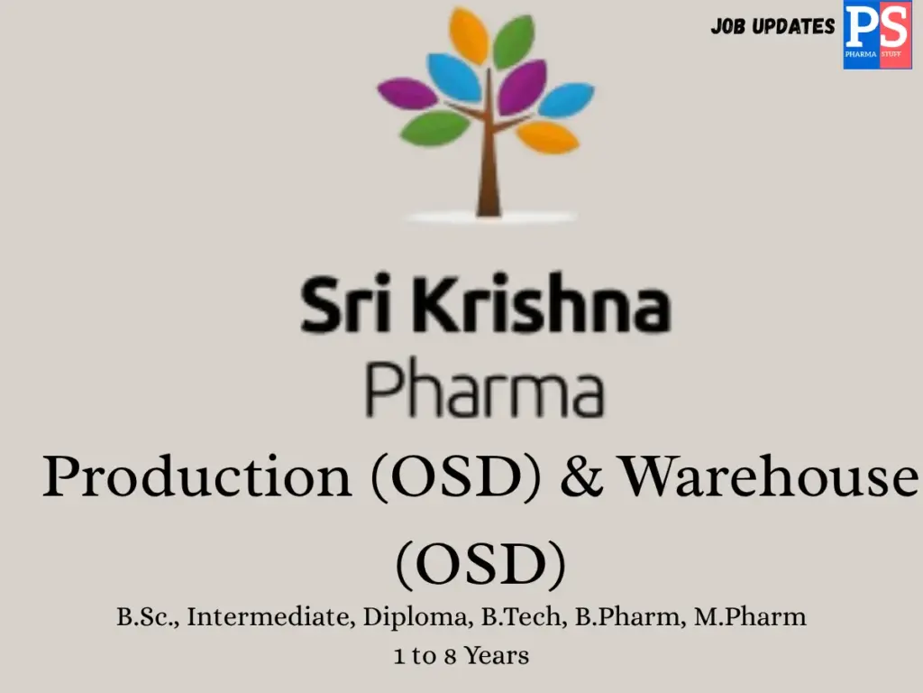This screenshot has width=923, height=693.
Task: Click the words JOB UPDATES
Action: [x=772, y=26]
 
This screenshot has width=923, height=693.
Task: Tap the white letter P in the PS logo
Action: [x=862, y=27]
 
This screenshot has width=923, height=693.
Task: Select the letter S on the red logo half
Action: [x=892, y=27]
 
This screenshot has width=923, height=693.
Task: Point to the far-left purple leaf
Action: [x=407, y=93]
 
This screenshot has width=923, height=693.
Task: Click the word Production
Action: [x=196, y=477]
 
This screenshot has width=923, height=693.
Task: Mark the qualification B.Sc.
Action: [x=147, y=618]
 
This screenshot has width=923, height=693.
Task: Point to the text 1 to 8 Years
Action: [x=461, y=656]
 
